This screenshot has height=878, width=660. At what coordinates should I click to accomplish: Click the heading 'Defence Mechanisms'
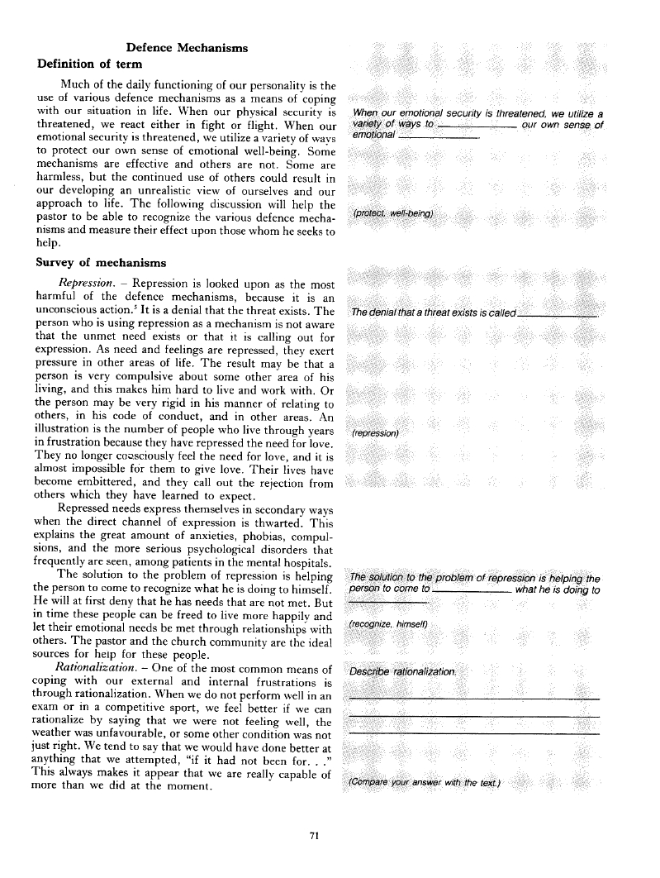(186, 48)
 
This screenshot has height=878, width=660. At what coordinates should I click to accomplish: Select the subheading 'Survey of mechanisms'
(101, 263)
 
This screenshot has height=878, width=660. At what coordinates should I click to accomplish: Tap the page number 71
(313, 836)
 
